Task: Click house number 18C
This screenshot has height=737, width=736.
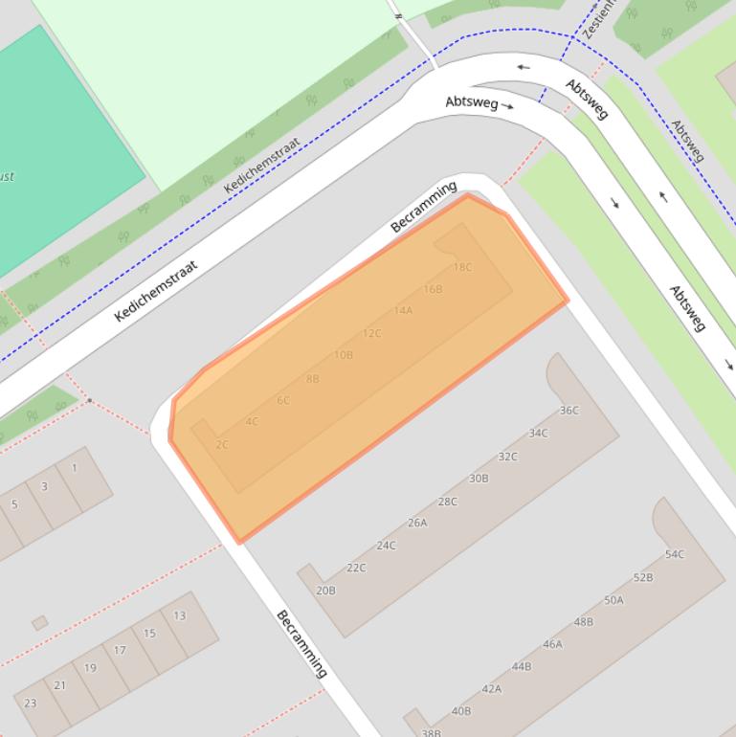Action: tap(462, 267)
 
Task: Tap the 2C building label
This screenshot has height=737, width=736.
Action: tap(222, 444)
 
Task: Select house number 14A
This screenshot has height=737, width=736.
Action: tap(403, 310)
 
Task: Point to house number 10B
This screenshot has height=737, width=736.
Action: tap(344, 355)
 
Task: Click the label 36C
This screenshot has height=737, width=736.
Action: tap(569, 411)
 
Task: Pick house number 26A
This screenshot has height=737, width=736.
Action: tap(417, 523)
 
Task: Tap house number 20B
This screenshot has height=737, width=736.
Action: tap(325, 591)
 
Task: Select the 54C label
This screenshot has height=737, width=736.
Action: tap(675, 554)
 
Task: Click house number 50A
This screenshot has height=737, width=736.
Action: tap(613, 600)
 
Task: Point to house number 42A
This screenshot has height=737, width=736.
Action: tap(491, 688)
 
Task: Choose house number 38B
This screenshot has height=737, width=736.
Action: tap(431, 732)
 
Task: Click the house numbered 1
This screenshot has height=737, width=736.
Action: tap(75, 468)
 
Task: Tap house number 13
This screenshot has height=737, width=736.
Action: tap(180, 615)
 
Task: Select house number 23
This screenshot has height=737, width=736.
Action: tap(30, 703)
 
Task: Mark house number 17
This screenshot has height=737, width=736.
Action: tap(120, 650)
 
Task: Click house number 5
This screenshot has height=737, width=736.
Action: tap(14, 504)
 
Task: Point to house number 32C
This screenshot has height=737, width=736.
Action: tap(508, 457)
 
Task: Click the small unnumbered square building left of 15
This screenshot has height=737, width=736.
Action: tap(39, 623)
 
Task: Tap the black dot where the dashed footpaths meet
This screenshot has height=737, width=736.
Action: tap(90, 400)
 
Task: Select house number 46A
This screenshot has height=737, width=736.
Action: tap(552, 644)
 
